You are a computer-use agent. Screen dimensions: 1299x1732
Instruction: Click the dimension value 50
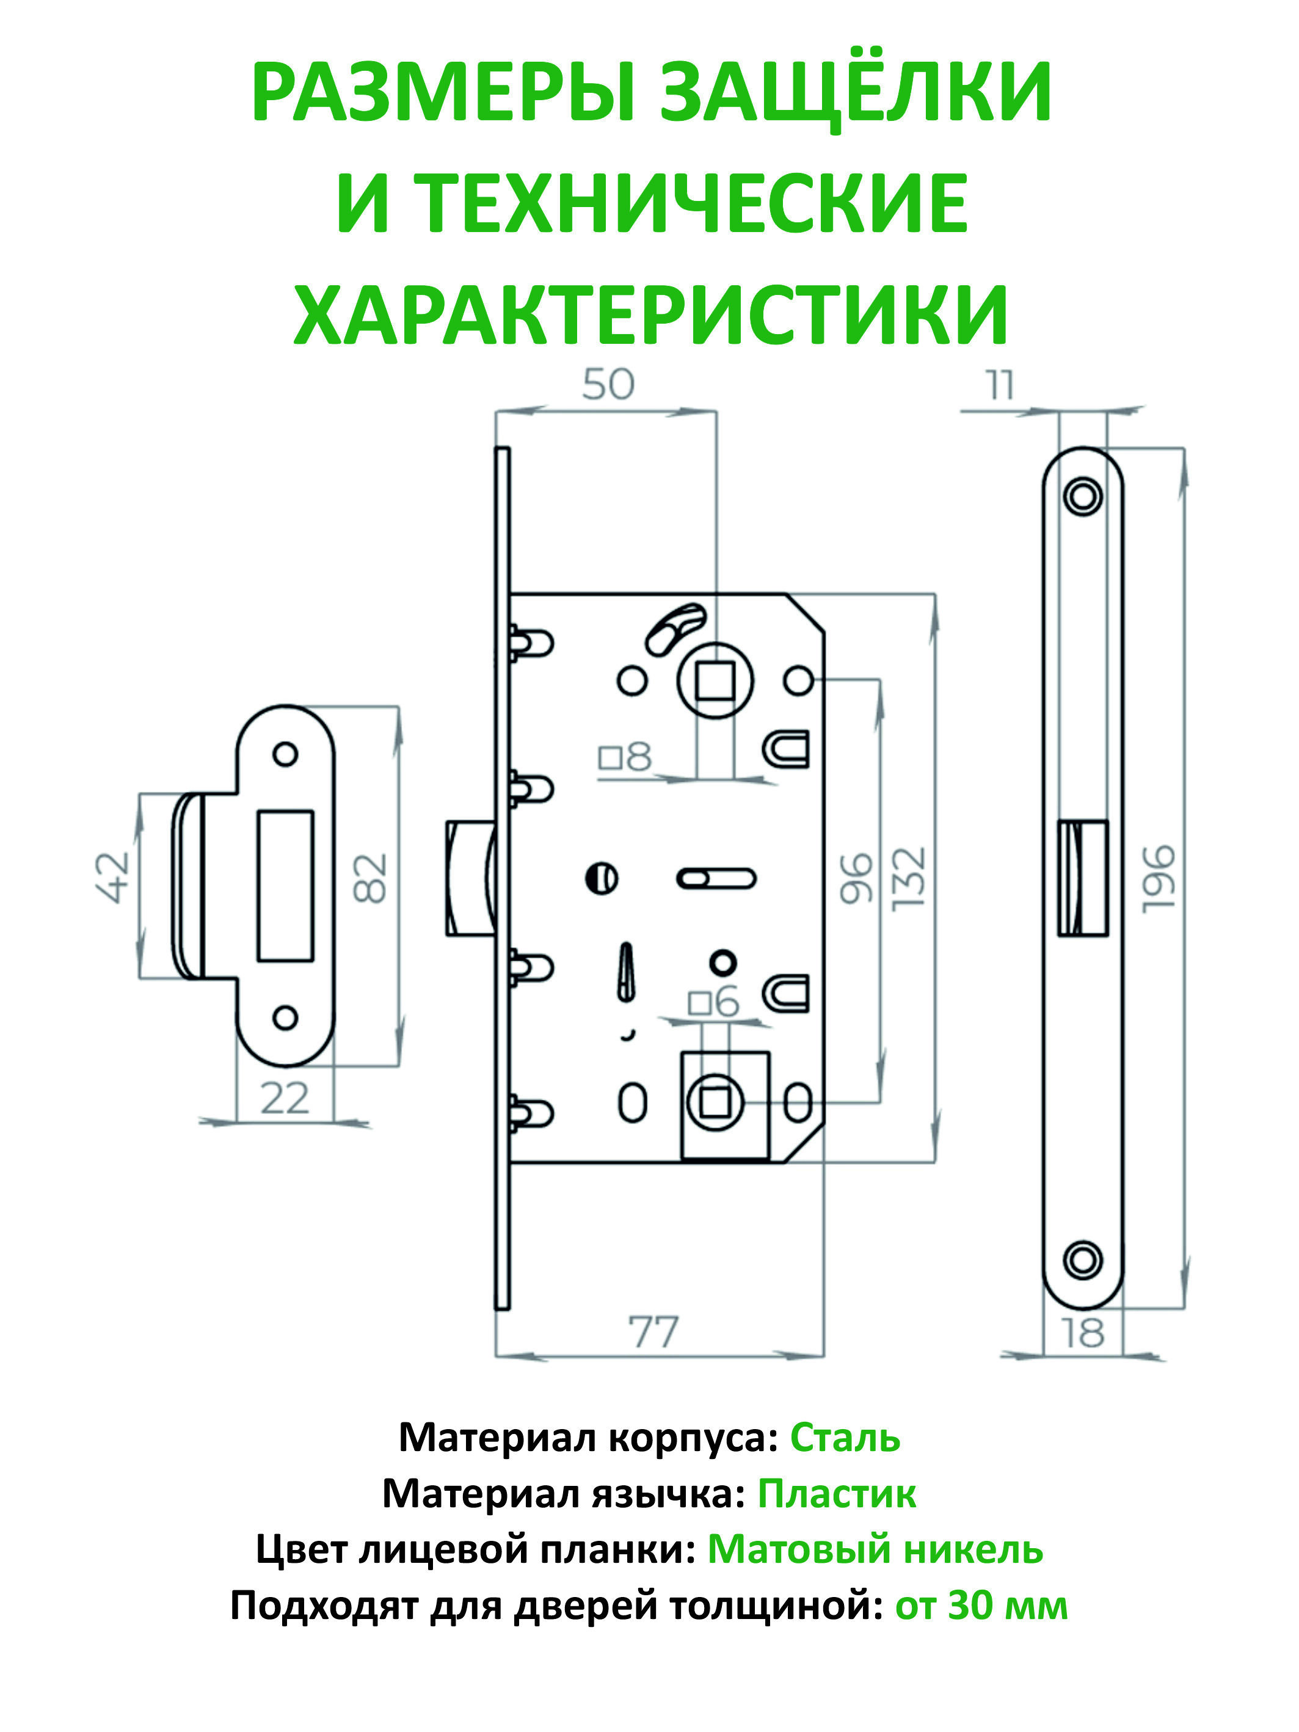[608, 385]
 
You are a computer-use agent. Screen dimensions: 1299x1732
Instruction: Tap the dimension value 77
[654, 1332]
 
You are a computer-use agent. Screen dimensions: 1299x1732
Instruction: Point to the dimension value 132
[909, 878]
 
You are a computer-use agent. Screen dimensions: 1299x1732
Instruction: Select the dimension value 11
[1000, 385]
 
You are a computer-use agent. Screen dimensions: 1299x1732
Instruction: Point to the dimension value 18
[1083, 1333]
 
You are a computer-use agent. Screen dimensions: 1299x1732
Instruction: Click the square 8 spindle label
[625, 757]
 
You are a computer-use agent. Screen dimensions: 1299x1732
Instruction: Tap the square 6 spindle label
[713, 1002]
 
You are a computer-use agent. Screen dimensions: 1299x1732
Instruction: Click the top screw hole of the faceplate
[1083, 497]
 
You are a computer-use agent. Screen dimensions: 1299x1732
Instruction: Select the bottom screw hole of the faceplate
[1083, 1261]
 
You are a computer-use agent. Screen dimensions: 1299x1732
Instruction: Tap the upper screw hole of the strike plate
[285, 754]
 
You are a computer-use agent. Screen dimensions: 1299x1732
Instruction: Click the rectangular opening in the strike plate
[285, 885]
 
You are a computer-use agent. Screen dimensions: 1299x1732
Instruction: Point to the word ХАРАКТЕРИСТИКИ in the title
[650, 315]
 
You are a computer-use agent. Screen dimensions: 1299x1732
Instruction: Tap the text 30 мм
[1008, 1606]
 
